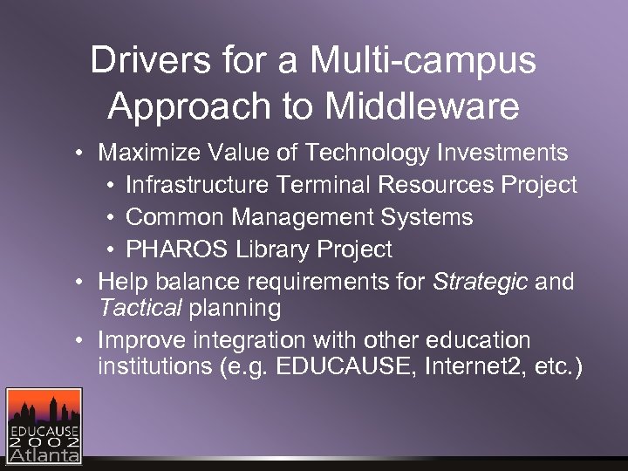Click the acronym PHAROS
[177, 249]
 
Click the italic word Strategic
[481, 282]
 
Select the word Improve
[140, 340]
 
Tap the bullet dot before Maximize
[79, 155]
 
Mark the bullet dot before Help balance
[79, 283]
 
